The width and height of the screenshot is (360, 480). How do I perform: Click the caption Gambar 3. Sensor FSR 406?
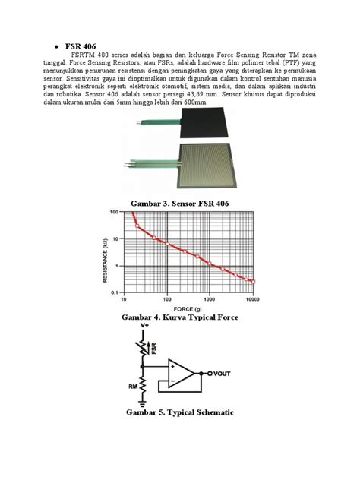tap(179, 204)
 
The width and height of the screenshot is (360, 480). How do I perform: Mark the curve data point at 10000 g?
tap(254, 281)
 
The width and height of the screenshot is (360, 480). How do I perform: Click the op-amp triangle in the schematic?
tap(181, 374)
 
